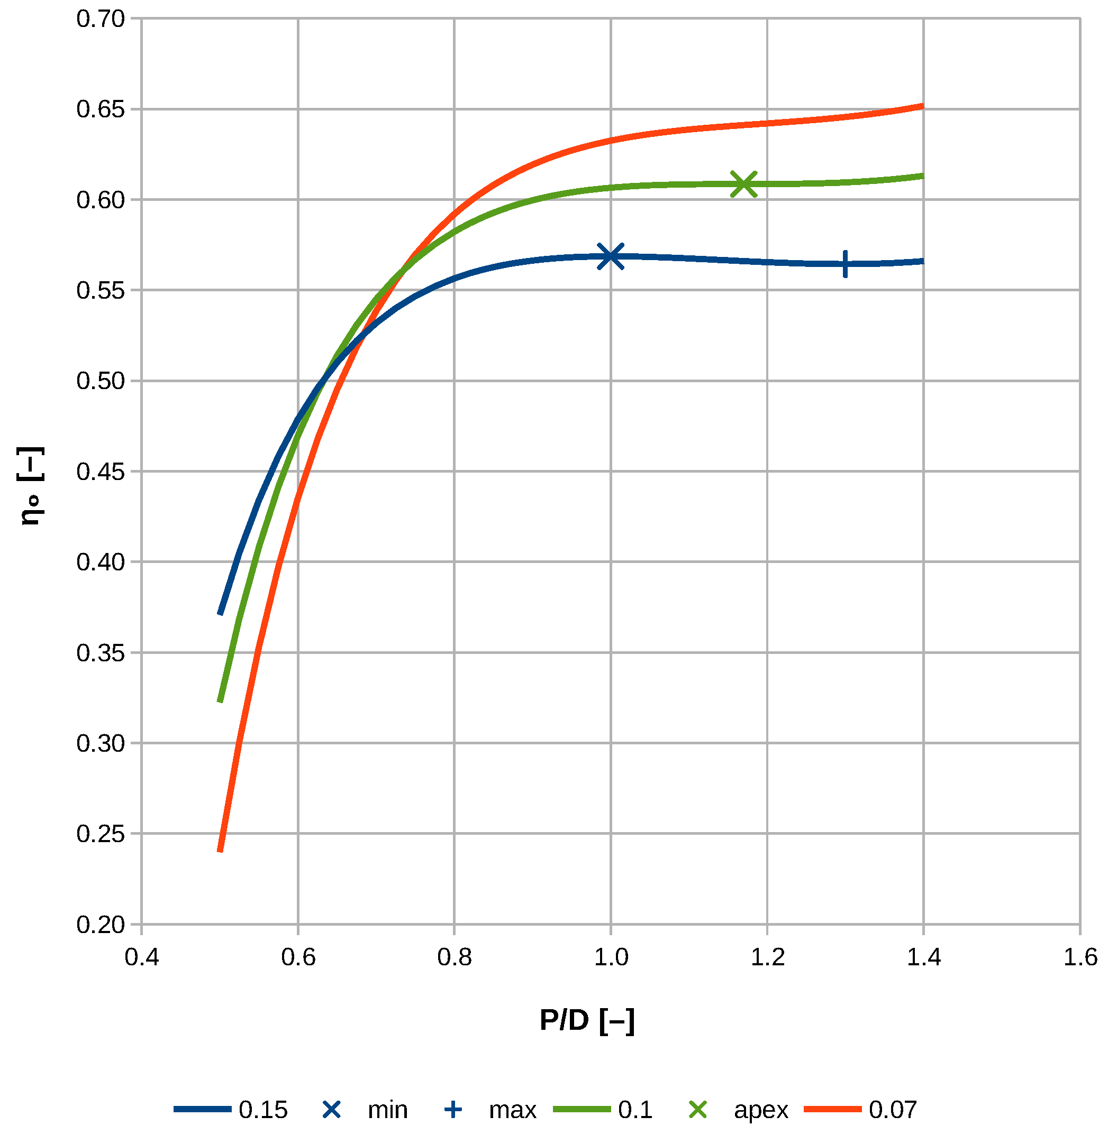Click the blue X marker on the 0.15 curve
(611, 256)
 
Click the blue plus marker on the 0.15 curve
(845, 264)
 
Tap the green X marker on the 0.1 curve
(744, 184)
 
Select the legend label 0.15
(263, 1110)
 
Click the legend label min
(387, 1110)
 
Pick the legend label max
(513, 1110)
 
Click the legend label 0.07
(893, 1110)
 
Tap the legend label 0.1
(635, 1110)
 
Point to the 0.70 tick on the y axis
(101, 19)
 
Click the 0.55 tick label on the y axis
(101, 291)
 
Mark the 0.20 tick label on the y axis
(101, 925)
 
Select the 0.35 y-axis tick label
(101, 653)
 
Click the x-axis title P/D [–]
(587, 1020)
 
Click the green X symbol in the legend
(698, 1110)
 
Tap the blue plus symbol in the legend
(453, 1110)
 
